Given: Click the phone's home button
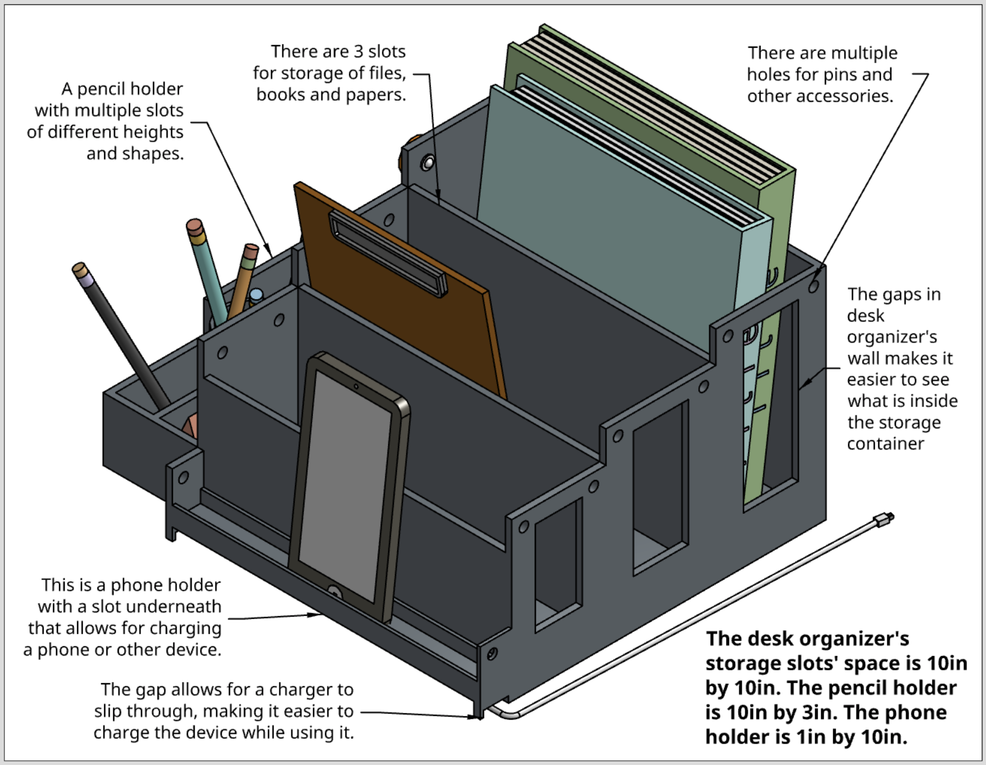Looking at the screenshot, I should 335,592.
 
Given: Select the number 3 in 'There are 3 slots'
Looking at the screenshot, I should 358,52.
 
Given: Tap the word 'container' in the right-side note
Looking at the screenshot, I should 885,444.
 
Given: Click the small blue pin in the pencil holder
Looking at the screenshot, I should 256,295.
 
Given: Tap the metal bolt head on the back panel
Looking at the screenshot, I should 428,162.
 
